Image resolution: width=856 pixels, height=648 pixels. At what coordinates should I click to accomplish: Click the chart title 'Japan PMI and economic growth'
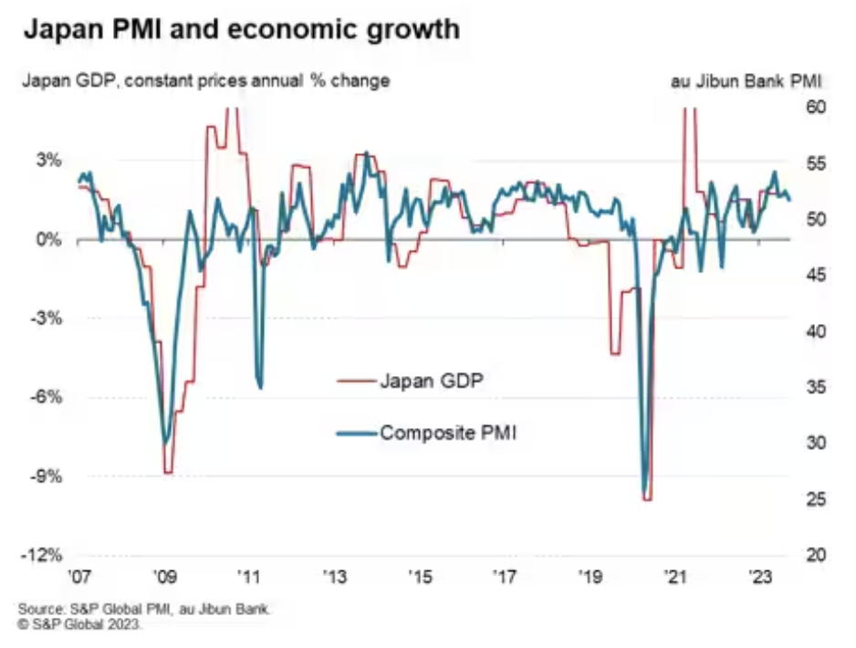click(x=241, y=31)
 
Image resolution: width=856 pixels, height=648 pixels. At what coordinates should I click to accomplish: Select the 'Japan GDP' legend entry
click(x=430, y=380)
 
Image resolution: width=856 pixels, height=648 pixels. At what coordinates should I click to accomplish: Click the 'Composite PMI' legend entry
click(x=448, y=432)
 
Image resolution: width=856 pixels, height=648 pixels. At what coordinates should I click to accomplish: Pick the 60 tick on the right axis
click(x=815, y=108)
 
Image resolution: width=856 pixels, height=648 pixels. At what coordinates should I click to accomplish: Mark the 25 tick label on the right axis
click(x=815, y=499)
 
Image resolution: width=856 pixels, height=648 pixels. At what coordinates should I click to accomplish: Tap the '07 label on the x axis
click(x=79, y=577)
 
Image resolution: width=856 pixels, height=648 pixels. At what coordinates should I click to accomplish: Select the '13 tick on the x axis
click(x=334, y=577)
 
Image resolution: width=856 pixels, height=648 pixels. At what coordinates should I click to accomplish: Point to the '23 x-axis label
click(x=759, y=577)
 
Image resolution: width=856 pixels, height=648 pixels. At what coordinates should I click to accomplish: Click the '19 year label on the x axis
click(x=590, y=577)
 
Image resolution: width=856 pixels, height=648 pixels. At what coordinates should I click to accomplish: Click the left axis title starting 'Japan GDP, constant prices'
click(x=206, y=80)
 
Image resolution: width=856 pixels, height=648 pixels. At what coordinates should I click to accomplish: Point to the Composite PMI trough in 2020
click(x=644, y=493)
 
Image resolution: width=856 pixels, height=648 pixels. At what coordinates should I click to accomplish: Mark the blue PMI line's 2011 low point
click(x=260, y=387)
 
